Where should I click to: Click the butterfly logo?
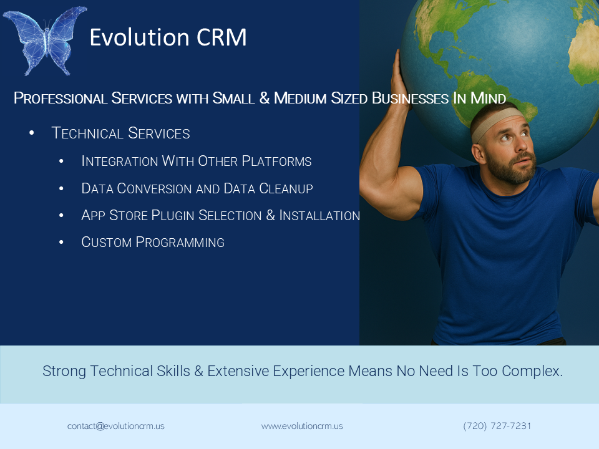coord(45,41)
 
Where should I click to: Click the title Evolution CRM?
coord(168,37)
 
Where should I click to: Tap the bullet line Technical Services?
coord(120,133)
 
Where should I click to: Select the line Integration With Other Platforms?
coord(197,161)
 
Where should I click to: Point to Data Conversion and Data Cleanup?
coord(197,188)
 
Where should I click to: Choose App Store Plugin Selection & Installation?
coord(220,215)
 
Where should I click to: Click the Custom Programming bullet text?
coord(153,242)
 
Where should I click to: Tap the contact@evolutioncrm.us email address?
coord(116,426)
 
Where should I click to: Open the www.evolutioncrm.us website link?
coord(302,426)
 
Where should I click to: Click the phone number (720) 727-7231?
coord(497,426)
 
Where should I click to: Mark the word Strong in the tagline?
coord(64,371)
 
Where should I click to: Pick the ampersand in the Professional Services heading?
coord(265,98)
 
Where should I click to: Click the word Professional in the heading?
coord(61,98)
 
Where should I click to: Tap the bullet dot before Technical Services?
coord(32,133)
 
